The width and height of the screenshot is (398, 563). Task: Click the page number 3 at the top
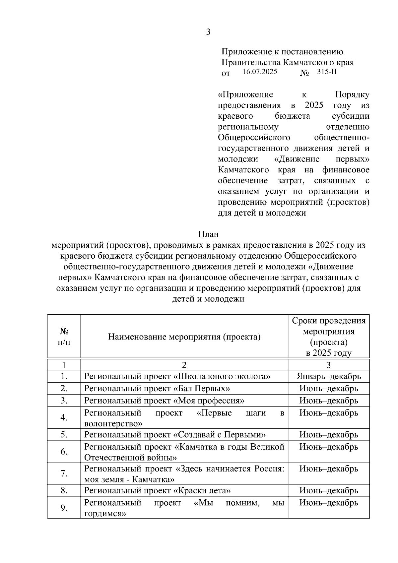coord(208,32)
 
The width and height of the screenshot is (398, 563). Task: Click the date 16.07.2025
coord(260,72)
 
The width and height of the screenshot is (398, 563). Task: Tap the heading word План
coord(208,234)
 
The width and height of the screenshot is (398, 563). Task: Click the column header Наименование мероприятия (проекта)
coord(184,337)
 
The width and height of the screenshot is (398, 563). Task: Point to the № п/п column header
coord(64,337)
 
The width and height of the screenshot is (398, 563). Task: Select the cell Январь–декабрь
coord(328,376)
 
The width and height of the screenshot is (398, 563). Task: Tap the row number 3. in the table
coord(64,401)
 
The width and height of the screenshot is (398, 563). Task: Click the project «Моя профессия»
coord(209,401)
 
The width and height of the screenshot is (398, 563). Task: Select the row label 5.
coord(64,434)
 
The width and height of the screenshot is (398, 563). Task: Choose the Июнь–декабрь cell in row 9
coord(328,503)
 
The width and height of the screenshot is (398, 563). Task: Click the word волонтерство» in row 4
coord(113,423)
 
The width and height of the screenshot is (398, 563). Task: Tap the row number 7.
coord(64,473)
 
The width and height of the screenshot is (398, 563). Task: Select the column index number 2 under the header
coord(184,365)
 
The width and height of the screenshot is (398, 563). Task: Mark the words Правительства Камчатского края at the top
coord(287,62)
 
